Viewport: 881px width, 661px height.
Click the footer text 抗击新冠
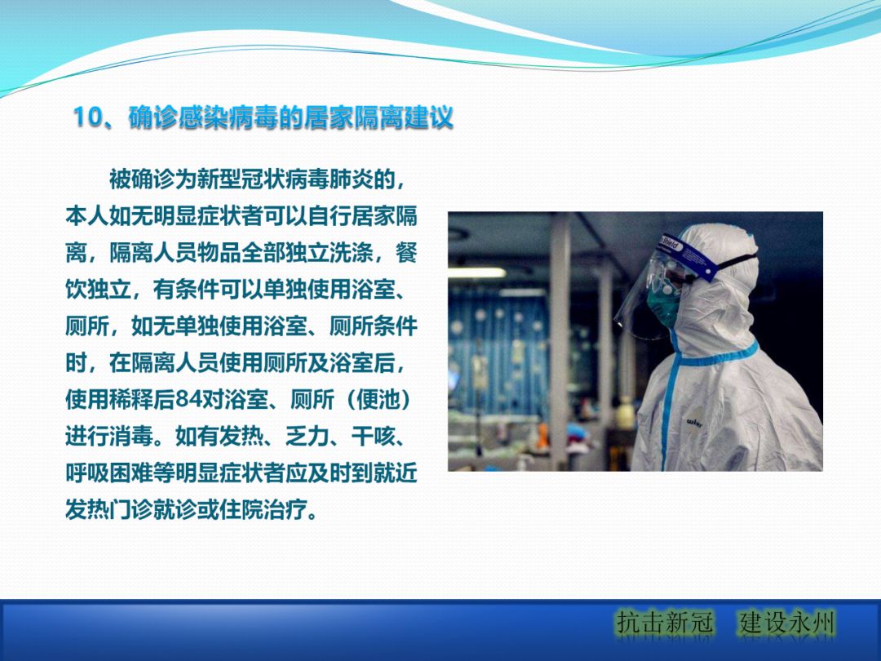pyautogui.click(x=665, y=623)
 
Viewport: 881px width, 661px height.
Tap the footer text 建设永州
pyautogui.click(x=787, y=623)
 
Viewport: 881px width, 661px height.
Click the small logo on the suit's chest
pyautogui.click(x=694, y=422)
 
